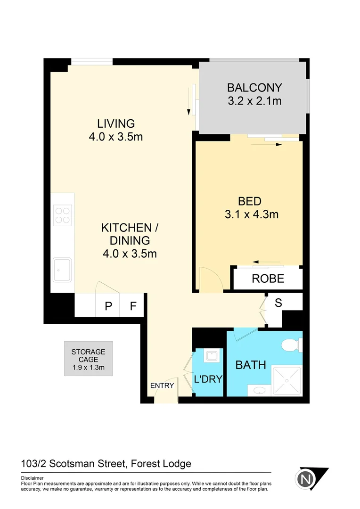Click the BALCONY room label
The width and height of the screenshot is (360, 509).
[x=254, y=88]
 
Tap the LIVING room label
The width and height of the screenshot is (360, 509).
[x=116, y=124]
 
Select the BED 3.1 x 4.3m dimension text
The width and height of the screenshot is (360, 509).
[x=252, y=214]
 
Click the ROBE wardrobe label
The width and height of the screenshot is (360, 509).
[x=268, y=279]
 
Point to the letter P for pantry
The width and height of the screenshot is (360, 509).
[x=108, y=306]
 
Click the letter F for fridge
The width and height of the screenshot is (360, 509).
[x=133, y=306]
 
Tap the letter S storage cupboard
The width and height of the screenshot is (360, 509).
[x=278, y=303]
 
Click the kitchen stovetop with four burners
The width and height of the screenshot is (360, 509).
[x=62, y=215]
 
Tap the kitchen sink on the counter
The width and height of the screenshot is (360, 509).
[x=62, y=270]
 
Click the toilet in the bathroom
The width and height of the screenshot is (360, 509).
[x=289, y=346]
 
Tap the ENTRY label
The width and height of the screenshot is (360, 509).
[x=162, y=386]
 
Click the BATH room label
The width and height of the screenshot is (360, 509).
[x=251, y=365]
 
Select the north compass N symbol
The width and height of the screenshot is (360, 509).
[x=305, y=480]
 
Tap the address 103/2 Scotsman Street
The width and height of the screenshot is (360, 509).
[x=74, y=464]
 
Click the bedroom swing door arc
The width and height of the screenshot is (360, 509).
[x=210, y=279]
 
